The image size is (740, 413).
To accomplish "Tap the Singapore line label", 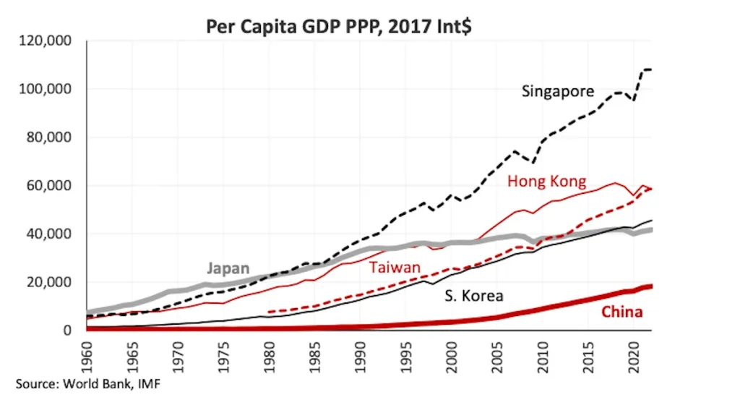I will (557, 92).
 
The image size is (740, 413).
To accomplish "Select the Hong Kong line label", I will (546, 181).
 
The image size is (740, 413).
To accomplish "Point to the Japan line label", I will (229, 268).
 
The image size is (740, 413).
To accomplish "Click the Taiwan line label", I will (395, 268).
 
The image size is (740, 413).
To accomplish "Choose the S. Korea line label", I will (473, 296).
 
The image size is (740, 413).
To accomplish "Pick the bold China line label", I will (621, 312).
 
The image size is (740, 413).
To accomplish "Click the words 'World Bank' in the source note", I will (93, 383).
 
